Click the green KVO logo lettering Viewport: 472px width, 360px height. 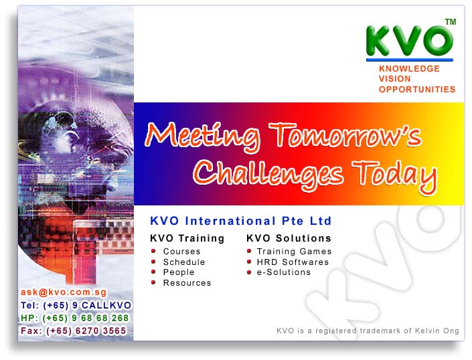pos(409,41)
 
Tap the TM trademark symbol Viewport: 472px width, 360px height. pos(451,22)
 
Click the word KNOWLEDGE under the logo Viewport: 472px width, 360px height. pos(409,68)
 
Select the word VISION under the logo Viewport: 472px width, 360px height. pos(394,79)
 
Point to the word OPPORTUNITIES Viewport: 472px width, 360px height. pos(417,89)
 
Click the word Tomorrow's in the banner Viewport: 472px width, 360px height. pos(345,135)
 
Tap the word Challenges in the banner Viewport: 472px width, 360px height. pos(268,175)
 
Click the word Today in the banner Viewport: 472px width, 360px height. pos(394,176)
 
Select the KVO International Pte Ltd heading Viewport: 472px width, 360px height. pos(240,221)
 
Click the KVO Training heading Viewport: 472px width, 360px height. pos(187,238)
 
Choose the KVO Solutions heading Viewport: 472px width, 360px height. pos(289,238)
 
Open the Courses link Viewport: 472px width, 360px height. pos(181,252)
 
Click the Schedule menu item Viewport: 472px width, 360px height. pos(184,262)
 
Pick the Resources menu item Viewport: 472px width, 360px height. pos(187,282)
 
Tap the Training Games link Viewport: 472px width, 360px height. pos(294,252)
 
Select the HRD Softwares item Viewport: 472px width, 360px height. pos(293,262)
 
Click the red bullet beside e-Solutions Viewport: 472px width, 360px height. pos(249,272)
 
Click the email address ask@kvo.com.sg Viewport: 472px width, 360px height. pos(64,292)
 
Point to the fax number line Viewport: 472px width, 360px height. pos(73,331)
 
